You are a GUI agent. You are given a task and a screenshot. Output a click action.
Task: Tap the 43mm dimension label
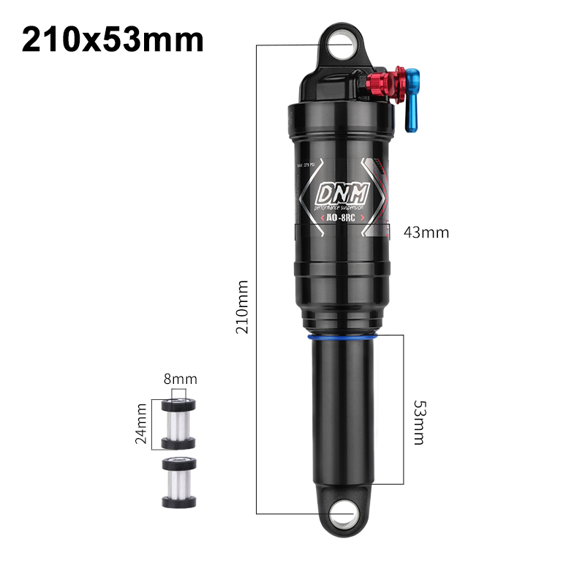tap(426, 233)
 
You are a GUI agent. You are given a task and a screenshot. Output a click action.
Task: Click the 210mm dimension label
tap(242, 307)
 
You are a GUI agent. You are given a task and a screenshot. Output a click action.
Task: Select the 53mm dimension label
tap(419, 422)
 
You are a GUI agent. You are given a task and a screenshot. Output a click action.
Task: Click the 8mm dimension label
tap(180, 380)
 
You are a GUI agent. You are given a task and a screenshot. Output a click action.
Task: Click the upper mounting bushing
tap(177, 423)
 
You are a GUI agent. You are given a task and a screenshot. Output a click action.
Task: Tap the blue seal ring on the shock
tap(341, 338)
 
